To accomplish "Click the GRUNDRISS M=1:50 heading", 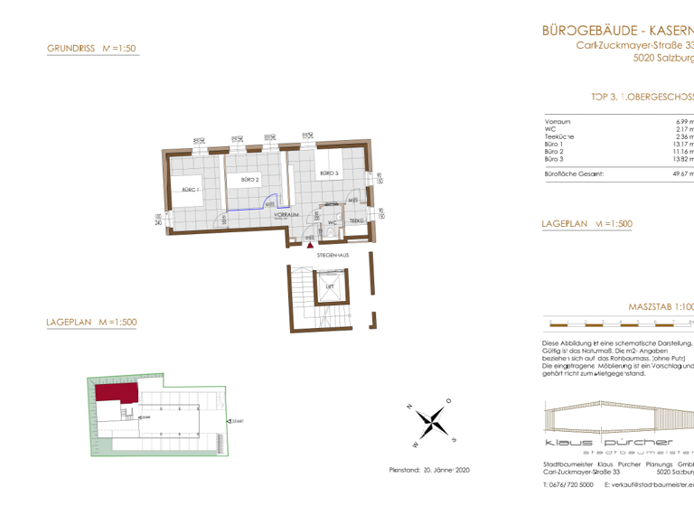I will pos(90,50).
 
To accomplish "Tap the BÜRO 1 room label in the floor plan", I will pos(190,190).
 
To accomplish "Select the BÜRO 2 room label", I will pos(250,181).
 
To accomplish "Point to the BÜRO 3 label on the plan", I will pos(327,173).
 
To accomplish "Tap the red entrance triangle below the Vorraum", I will pos(311,243).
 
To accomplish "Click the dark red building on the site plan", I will pos(117,391).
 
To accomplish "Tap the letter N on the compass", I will pos(410,406).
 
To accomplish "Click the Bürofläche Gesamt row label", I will pos(574,172).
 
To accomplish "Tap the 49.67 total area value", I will pos(681,172).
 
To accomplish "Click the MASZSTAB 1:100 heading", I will pos(661,307).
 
